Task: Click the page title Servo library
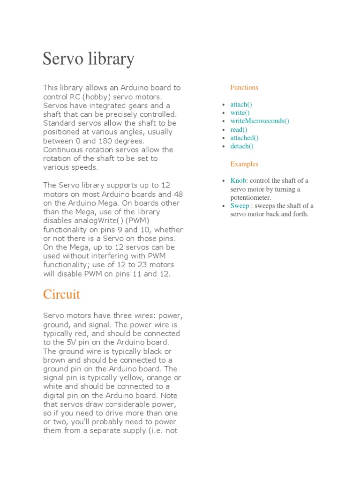[89, 59]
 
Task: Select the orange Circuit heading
[61, 294]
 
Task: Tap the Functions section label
[244, 87]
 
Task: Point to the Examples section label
[244, 164]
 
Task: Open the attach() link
[241, 105]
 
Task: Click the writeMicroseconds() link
[260, 121]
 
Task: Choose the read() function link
[239, 129]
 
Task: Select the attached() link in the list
[244, 138]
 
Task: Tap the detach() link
[241, 146]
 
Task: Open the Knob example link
[238, 180]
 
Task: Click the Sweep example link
[240, 206]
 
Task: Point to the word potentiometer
[251, 198]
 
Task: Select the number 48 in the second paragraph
[178, 194]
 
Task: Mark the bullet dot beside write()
[224, 113]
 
